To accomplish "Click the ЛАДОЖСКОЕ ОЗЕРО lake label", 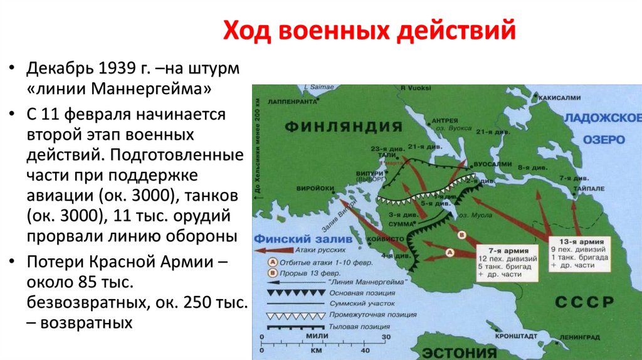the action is coord(602,129).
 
